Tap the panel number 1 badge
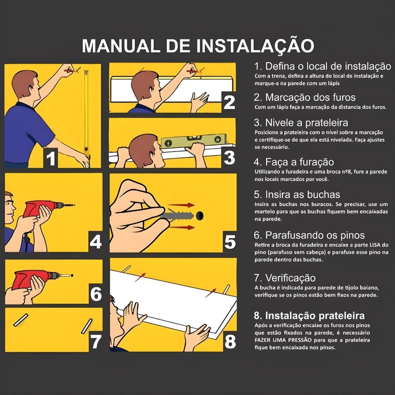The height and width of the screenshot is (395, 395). coord(51,158)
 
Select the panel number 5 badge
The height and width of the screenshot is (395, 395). coord(229,242)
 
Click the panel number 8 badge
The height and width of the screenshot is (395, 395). coord(229,341)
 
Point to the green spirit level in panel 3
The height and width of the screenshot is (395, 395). coord(194,141)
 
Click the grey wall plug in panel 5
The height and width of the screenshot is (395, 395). coord(180,216)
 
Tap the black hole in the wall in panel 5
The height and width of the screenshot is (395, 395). coord(201,216)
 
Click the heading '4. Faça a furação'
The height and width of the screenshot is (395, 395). coord(294,162)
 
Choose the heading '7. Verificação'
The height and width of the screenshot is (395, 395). coord(284,278)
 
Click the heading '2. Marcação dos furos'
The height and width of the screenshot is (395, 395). coord(305,97)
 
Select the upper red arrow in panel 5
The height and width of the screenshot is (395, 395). coord(183,205)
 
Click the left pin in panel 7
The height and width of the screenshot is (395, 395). coord(21,320)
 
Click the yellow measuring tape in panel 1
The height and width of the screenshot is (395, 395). coord(86,111)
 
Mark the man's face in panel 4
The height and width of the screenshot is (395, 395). coord(10,205)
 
